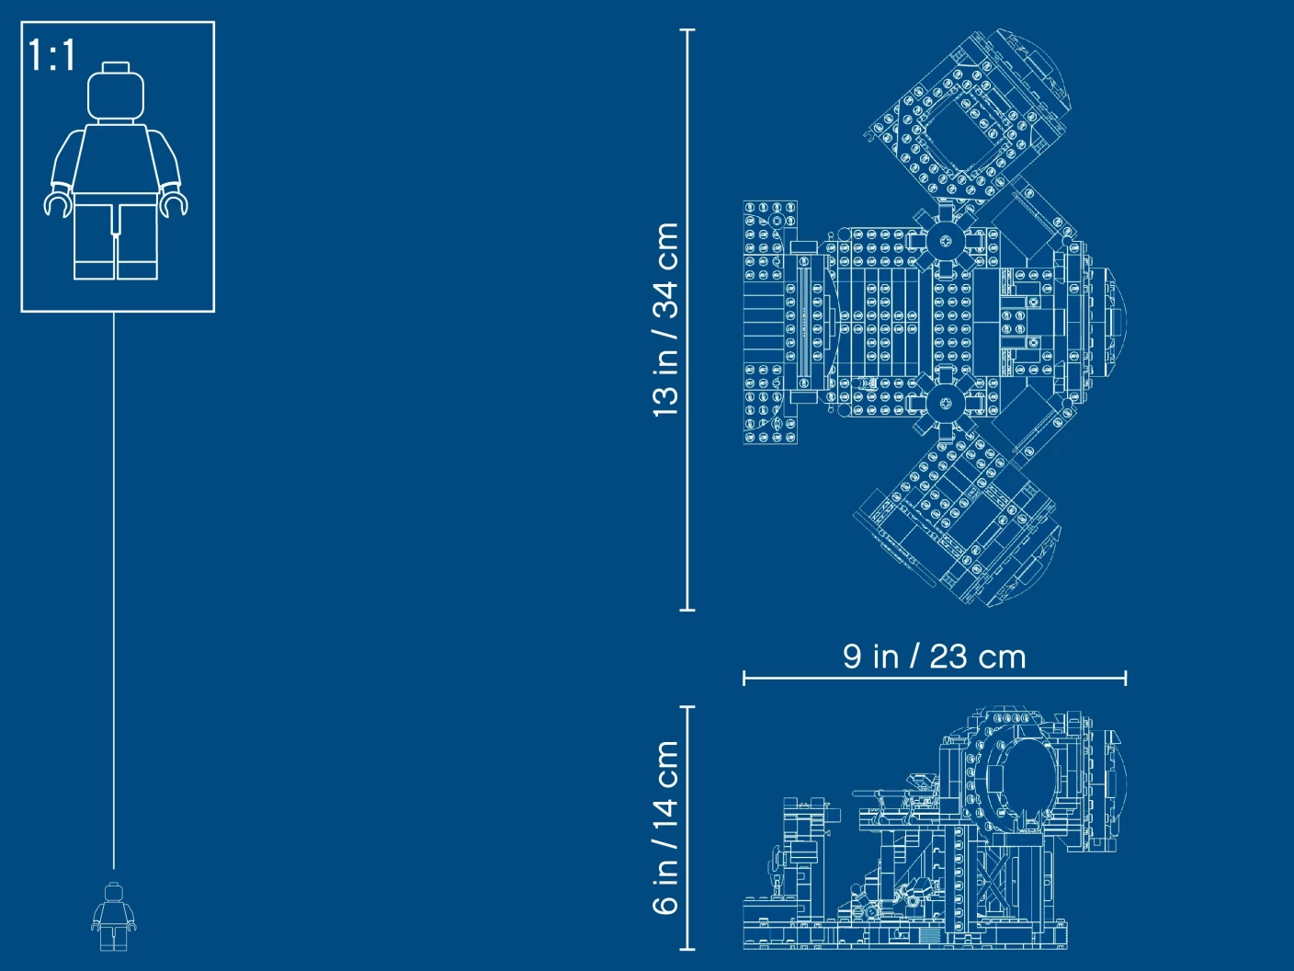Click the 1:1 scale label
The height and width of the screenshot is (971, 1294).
[51, 55]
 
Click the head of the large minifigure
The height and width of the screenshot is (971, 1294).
[116, 96]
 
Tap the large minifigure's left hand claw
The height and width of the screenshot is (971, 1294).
[58, 204]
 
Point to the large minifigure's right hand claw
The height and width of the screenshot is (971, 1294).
[175, 204]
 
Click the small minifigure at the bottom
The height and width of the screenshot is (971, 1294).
[114, 916]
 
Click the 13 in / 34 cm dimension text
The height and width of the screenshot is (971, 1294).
[666, 320]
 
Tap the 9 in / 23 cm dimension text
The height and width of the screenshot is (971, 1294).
[934, 657]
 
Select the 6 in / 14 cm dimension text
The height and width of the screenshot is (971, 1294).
[666, 828]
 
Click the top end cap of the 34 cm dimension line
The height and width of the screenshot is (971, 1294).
[687, 29]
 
